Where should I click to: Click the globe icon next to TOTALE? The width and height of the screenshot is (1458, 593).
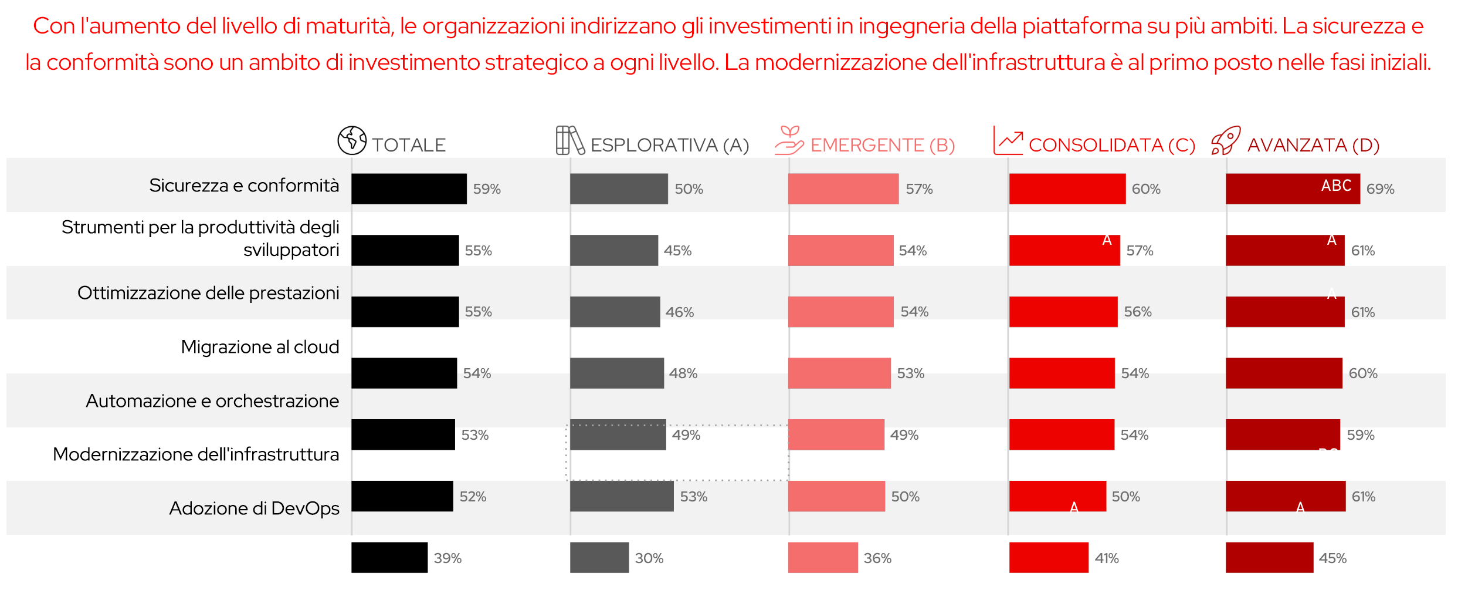point(352,140)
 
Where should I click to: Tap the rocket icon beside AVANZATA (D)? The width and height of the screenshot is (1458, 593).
point(1226,140)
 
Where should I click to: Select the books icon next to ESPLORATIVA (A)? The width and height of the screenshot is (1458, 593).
point(570,140)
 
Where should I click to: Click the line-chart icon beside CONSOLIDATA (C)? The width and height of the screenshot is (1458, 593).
point(1008,140)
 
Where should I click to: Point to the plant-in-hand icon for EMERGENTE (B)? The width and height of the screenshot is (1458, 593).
point(789,140)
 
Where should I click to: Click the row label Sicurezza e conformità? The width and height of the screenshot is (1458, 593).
point(244,186)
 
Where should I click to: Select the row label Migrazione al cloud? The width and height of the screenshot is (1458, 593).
point(260,347)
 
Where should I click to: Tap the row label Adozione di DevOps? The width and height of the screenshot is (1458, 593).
point(254,508)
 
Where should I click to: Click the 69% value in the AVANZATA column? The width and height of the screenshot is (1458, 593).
point(1380,189)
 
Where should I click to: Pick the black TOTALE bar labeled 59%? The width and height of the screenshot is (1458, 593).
point(409,189)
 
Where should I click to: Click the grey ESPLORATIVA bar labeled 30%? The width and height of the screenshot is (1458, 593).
point(599,558)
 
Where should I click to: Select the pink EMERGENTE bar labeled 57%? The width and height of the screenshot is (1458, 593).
point(843,189)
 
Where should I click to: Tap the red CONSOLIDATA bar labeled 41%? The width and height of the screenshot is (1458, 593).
point(1048,558)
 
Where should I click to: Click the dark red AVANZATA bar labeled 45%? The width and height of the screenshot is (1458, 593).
point(1269,558)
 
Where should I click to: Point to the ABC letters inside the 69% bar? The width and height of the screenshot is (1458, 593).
point(1336,186)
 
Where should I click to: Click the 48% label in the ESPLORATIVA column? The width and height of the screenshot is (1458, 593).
point(683,373)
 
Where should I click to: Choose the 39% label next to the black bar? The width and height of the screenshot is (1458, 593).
point(447,558)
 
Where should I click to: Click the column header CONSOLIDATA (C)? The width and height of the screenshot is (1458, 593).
point(1111,145)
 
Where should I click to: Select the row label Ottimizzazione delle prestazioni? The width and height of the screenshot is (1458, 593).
point(208,293)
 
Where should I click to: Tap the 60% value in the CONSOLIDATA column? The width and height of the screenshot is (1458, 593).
point(1146,189)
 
